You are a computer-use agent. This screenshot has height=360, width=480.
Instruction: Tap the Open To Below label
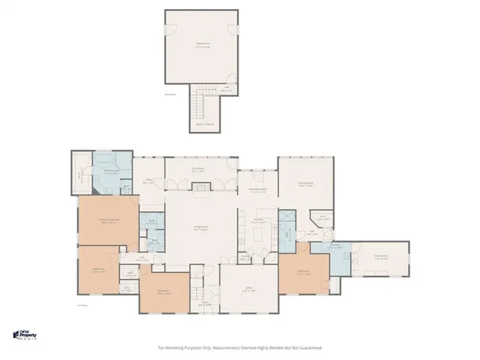point(204,124)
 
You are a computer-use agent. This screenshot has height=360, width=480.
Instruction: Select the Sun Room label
point(199,170)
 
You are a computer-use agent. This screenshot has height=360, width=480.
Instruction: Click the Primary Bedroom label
point(109,220)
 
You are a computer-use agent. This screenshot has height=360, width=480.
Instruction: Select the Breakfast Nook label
point(258,190)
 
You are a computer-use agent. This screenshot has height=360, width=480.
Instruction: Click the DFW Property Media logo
point(28,334)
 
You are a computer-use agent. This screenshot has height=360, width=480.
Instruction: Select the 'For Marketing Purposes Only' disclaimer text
point(240,347)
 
